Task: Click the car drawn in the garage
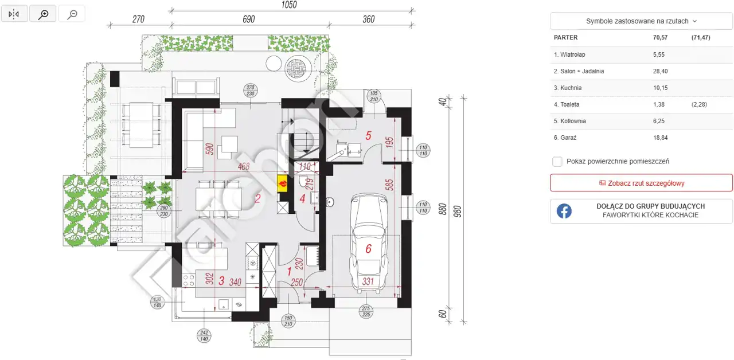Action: click(369, 242)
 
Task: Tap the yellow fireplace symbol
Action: click(283, 183)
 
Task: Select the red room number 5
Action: click(368, 136)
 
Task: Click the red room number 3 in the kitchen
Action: click(221, 281)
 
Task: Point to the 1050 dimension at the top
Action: click(288, 5)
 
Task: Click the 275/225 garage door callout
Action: click(366, 311)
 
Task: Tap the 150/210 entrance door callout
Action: click(288, 320)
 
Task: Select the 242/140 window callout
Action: click(204, 336)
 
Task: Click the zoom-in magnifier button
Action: click(43, 14)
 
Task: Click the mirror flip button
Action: click(14, 14)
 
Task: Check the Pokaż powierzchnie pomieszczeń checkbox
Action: click(557, 162)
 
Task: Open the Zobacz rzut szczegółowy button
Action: click(641, 183)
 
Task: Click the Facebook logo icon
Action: click(564, 211)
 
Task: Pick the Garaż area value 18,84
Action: click(660, 138)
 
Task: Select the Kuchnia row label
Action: click(568, 88)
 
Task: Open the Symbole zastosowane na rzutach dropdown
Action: click(641, 21)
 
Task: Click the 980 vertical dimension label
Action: click(458, 212)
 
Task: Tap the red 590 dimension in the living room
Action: click(209, 149)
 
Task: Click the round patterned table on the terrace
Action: click(298, 68)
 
